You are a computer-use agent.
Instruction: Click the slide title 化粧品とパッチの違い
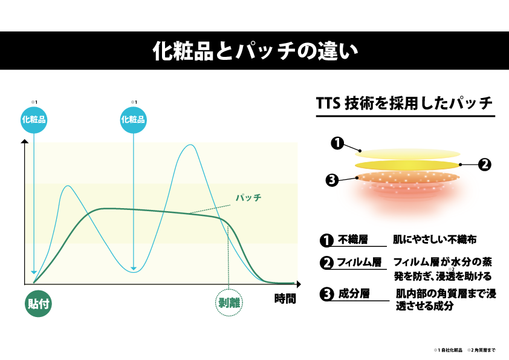pos(255,51)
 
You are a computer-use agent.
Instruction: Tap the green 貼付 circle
pos(38,304)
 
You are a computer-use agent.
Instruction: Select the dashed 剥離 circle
pos(229,303)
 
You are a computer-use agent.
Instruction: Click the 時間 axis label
pos(285,298)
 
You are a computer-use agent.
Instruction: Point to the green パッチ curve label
pos(248,197)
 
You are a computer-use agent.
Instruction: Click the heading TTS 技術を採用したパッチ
pos(404,103)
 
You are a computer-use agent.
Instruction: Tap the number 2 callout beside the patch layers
pos(485,165)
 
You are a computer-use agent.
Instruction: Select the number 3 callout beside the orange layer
pos(332,180)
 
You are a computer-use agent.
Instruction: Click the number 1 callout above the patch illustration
pos(337,143)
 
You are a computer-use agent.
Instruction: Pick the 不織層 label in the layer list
pos(353,240)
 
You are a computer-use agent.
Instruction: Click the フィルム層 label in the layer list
pos(359,262)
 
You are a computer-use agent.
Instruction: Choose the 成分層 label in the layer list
pos(354,293)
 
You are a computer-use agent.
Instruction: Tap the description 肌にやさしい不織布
pos(435,240)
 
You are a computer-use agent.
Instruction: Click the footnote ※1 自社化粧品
pos(448,350)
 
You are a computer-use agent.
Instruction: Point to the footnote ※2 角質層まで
pos(481,350)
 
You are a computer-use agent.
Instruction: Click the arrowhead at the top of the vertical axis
pos(25,142)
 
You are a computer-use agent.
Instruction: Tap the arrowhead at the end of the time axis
pos(299,284)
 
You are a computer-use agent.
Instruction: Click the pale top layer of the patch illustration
pos(410,154)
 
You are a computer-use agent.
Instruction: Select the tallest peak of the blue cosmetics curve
pos(190,145)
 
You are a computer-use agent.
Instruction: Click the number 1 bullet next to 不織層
pos(326,241)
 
